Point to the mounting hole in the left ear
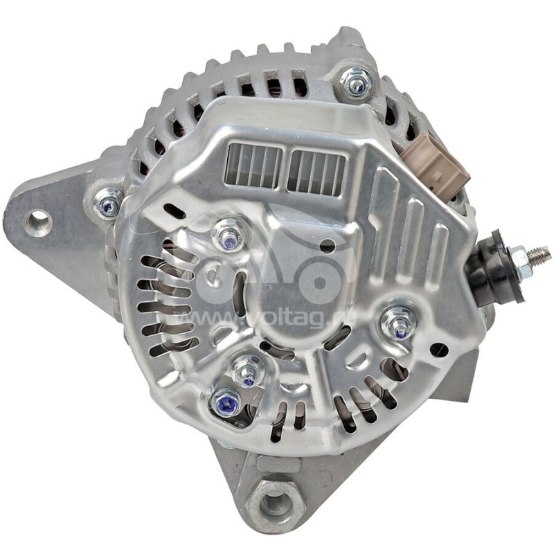37,222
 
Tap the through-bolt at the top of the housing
357,82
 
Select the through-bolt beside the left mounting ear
108,202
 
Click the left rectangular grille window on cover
253,168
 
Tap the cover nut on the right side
400,321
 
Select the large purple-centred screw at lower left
224,403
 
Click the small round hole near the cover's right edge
438,348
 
